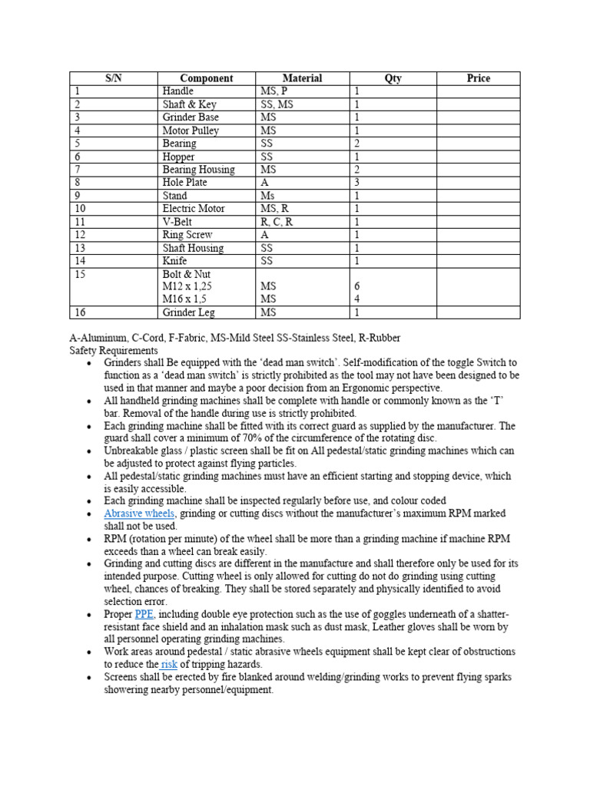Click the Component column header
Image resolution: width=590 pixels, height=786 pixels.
click(206, 78)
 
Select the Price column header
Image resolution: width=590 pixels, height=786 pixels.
click(478, 78)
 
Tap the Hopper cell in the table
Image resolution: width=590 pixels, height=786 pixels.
click(178, 157)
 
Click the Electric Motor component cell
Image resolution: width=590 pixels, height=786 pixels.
click(194, 209)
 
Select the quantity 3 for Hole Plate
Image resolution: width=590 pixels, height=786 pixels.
click(357, 183)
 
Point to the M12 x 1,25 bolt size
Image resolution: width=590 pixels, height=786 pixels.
click(187, 286)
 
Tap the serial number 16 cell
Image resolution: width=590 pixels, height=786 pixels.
click(81, 312)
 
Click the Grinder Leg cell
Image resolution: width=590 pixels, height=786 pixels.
click(188, 312)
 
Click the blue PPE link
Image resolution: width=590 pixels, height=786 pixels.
click(144, 614)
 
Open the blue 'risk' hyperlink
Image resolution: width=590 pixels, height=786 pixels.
click(169, 664)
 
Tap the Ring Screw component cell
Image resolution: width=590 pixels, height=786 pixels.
click(187, 235)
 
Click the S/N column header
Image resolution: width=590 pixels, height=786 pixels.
click(114, 78)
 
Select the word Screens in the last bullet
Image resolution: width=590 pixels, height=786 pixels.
click(123, 677)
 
